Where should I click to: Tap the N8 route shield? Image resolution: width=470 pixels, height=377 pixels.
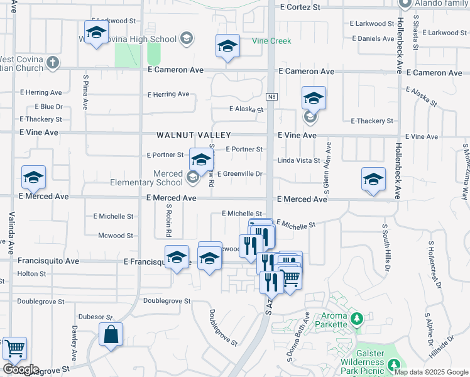click(x=271, y=97)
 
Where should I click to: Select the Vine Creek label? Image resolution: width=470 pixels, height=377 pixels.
click(x=271, y=41)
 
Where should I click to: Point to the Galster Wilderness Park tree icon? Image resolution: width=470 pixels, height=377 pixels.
click(x=394, y=364)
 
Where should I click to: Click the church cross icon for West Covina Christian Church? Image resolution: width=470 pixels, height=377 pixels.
click(x=53, y=63)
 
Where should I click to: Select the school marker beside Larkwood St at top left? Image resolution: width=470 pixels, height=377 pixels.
click(x=96, y=31)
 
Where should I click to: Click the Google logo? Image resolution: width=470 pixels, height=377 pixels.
click(x=21, y=369)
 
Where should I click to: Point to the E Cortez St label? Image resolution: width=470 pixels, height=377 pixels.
click(x=300, y=7)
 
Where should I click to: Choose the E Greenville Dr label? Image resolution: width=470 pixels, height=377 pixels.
click(x=239, y=174)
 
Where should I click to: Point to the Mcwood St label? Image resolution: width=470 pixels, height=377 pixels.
click(x=116, y=236)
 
